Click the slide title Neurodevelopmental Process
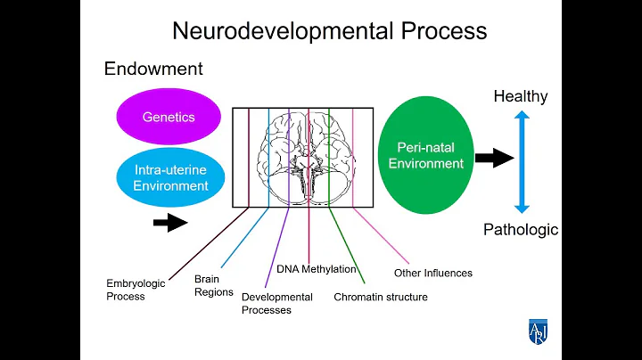point(329,30)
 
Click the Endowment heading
point(153,69)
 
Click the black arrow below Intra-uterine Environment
point(171,222)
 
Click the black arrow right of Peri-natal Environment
point(494,159)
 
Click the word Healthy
point(521,96)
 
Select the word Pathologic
point(521,230)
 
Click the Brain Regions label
point(214,285)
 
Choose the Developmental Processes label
point(277,303)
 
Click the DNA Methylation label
point(317,269)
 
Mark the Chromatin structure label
point(381,297)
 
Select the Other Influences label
point(433,273)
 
